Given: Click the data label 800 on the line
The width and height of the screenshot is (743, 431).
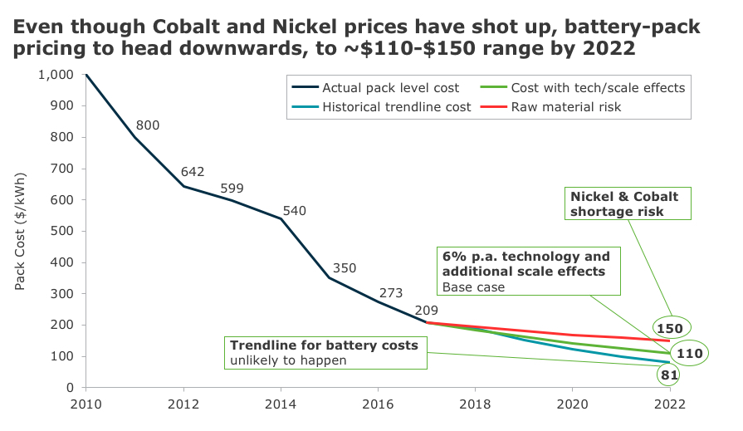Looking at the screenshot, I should (148, 125).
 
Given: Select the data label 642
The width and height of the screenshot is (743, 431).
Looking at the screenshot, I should (193, 172).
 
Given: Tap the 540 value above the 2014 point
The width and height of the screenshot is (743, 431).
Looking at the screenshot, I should (295, 211).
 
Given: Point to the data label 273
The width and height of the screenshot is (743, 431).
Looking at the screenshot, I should (392, 292).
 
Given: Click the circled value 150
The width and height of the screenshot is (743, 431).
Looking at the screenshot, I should (670, 329).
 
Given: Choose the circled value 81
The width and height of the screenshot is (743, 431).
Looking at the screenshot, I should (670, 375).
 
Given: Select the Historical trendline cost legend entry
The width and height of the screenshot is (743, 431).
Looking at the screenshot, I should (397, 106).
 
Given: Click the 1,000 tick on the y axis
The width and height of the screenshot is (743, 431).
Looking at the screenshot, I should (56, 75).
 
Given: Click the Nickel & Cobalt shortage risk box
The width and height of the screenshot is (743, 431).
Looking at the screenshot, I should (623, 204).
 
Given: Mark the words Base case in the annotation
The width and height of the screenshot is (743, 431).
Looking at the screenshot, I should (472, 287).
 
